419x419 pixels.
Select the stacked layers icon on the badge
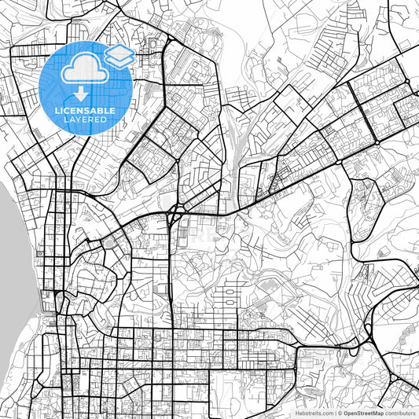point(119,55)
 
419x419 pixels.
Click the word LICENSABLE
point(84,111)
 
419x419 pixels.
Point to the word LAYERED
point(84,121)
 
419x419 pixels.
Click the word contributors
point(400,412)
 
